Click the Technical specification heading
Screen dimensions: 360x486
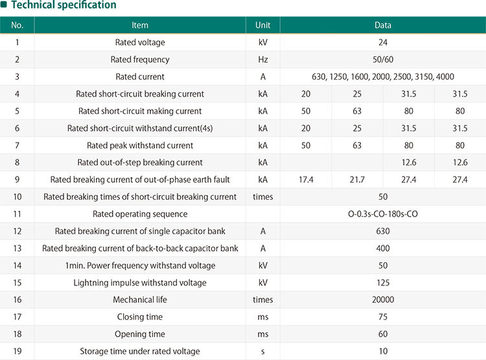63,5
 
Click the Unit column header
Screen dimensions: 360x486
262,25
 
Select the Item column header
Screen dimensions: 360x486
140,25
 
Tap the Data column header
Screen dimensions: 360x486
382,25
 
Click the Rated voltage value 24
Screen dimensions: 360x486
382,43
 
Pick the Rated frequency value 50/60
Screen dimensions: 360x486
382,60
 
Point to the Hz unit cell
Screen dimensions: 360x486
262,60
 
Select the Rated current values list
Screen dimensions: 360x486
382,77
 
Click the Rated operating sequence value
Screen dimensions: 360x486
382,214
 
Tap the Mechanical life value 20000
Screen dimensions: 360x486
382,300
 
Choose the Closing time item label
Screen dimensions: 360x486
140,317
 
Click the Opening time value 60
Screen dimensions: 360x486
382,334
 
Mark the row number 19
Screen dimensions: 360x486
17,352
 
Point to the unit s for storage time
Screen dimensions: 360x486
262,352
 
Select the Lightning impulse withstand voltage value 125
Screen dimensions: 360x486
382,283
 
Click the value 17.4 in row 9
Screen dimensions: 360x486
305,180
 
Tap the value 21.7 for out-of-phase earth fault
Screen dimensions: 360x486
357,180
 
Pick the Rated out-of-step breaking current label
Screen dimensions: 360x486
140,163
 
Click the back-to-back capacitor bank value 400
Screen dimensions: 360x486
382,248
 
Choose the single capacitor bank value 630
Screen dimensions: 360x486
382,232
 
